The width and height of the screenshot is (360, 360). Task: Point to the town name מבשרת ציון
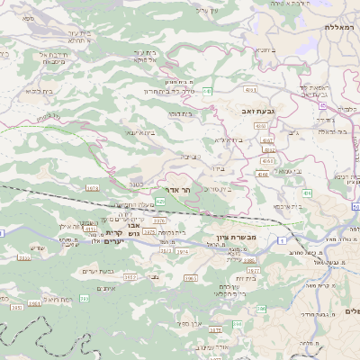point(238,237)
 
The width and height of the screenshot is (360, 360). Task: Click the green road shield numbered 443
point(207,91)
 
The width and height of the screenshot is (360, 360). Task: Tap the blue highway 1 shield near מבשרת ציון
point(282,241)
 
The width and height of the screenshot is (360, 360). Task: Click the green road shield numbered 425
point(159,202)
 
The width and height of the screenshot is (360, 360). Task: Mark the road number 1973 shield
point(92,187)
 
